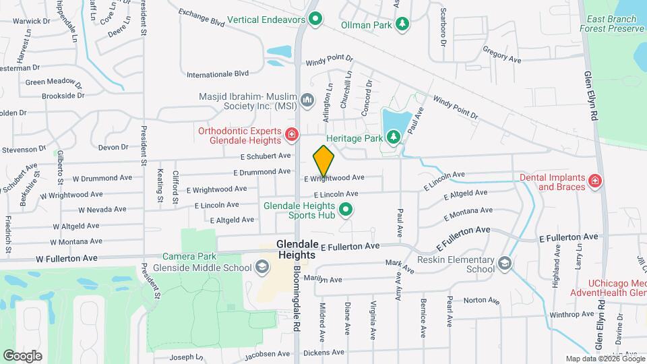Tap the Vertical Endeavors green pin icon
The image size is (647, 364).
coord(313,18)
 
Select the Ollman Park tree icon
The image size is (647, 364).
coord(402,25)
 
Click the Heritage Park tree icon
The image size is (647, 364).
coord(394,138)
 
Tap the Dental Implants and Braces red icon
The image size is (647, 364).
coord(594,181)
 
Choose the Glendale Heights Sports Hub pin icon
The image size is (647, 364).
coord(346,210)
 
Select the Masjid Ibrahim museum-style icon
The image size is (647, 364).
coord(308,101)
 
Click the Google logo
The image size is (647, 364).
coord(22,355)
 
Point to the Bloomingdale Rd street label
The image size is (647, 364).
coord(297,296)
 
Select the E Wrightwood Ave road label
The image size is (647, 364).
coord(334,179)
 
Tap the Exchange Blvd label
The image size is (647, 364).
coord(201,18)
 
